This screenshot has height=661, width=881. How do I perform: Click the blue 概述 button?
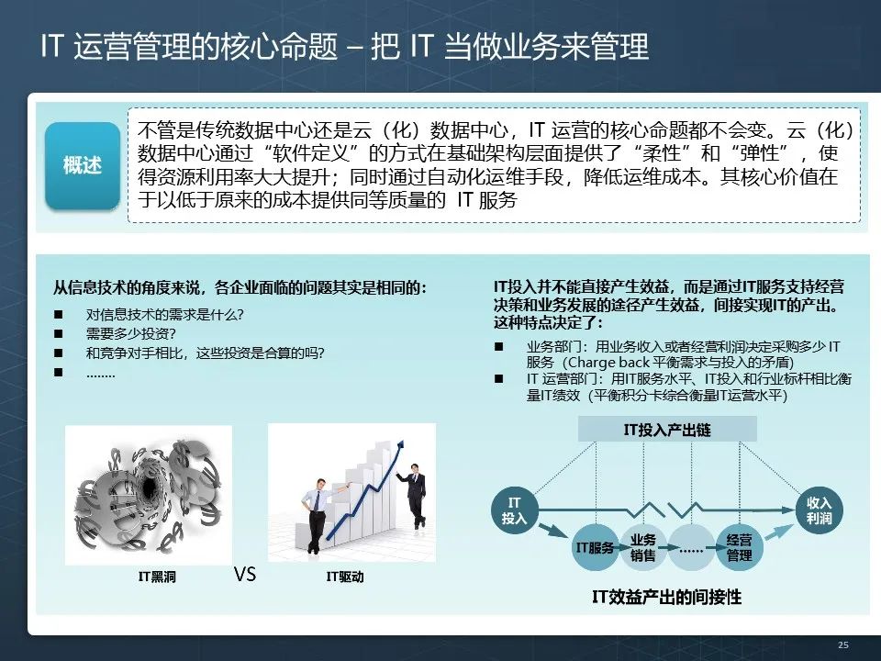coord(83,166)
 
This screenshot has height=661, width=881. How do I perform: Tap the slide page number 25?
coord(842,645)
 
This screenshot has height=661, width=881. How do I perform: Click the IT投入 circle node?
coord(514,511)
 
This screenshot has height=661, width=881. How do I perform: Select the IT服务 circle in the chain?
coord(594,548)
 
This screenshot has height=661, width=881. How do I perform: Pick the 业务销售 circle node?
coord(642,548)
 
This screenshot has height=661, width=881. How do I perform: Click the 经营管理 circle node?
coord(739,548)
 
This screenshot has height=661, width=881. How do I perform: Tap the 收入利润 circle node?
coord(819,511)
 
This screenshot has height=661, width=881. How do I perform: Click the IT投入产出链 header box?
coord(666,429)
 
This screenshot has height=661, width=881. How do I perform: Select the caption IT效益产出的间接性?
coord(666,598)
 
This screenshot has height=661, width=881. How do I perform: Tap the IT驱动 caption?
coord(345,577)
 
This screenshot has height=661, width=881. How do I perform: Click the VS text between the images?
coord(244,575)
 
